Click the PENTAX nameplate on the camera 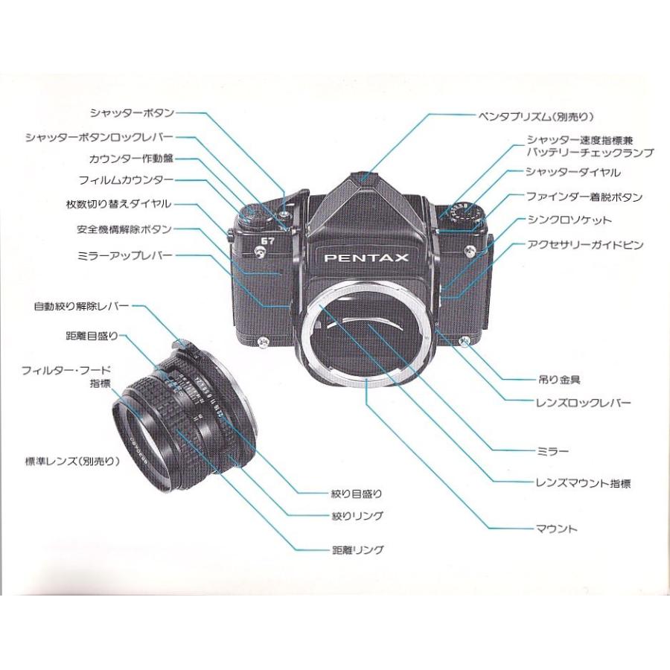(x=366, y=258)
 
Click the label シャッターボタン (x=132, y=113)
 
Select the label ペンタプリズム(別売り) (x=536, y=116)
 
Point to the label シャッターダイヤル (x=573, y=173)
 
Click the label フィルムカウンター (x=126, y=180)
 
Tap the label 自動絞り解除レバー (x=81, y=306)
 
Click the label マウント (x=556, y=529)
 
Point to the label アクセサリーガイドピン (x=584, y=245)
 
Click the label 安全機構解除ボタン (x=124, y=229)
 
